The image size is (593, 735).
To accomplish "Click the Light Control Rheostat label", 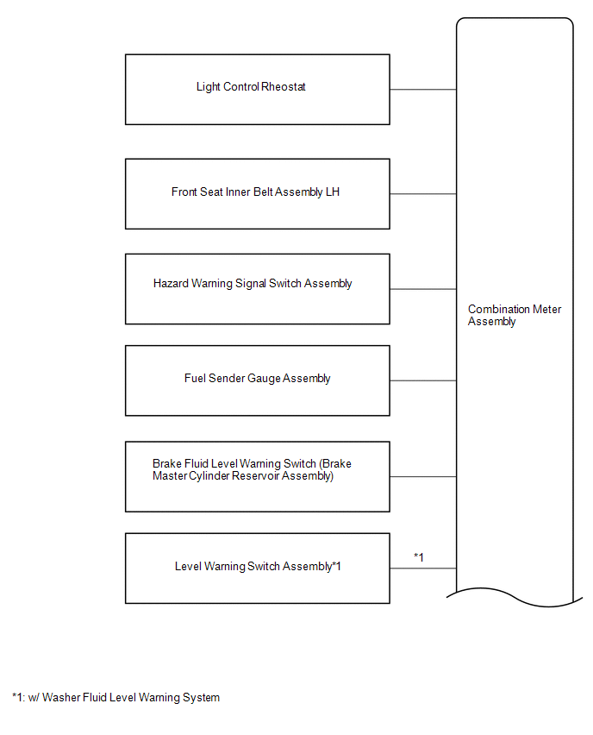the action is tap(251, 87).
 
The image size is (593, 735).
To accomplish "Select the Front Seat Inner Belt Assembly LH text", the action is tap(255, 192).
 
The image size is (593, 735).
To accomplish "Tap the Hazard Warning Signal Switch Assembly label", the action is tap(253, 284).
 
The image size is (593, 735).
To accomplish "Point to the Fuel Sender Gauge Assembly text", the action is tap(257, 378).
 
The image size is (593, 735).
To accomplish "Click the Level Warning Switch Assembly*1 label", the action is tap(258, 566).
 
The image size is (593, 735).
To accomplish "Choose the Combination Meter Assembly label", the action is tap(515, 315).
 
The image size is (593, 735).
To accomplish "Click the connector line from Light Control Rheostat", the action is tap(423, 89).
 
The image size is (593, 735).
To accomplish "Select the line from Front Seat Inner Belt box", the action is tap(423, 193).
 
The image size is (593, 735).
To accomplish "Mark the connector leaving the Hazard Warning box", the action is tap(423, 289).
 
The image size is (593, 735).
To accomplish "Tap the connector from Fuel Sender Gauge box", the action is tap(423, 380).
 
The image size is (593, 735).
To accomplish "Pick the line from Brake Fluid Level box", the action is tap(423, 477).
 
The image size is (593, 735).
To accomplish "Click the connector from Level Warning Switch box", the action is tap(423, 569).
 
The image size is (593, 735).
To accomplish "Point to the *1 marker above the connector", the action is tap(419, 557).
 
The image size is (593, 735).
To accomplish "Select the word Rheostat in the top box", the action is tap(284, 87).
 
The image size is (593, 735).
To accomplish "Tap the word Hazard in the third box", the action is tap(171, 284).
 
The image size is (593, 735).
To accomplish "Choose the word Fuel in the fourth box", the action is tap(195, 378).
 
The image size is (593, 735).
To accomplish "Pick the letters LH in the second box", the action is tap(333, 192).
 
